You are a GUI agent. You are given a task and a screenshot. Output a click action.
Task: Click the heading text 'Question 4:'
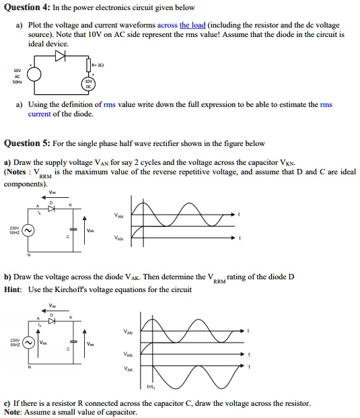point(26,8)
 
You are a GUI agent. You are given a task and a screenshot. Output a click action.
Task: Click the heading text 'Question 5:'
point(26,143)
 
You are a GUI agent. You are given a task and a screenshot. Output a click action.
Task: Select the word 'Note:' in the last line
point(14,412)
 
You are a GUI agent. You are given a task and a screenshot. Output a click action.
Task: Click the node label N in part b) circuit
point(28,367)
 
